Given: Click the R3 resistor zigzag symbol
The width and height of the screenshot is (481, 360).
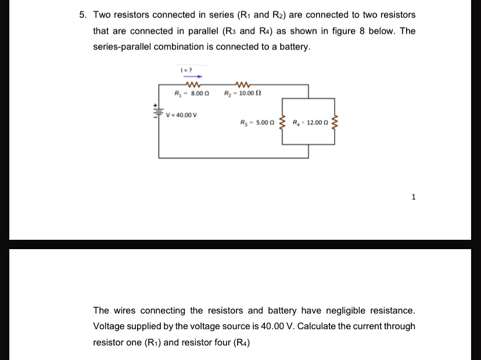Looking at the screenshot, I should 282,123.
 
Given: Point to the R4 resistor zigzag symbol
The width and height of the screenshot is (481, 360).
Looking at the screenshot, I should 334,123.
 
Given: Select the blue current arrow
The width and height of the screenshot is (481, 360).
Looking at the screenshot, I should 192,76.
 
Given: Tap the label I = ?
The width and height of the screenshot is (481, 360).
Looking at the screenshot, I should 186,70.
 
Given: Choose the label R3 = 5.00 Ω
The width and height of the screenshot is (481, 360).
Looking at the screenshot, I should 257,123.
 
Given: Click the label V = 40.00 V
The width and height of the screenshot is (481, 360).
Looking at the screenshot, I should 182,114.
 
